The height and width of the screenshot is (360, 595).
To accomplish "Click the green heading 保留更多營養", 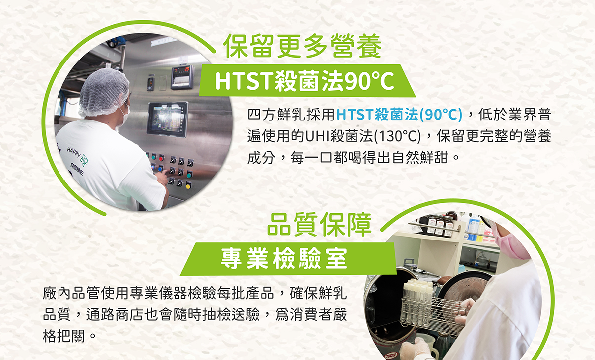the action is [302, 46].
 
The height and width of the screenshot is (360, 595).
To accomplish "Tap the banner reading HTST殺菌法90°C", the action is [307, 80].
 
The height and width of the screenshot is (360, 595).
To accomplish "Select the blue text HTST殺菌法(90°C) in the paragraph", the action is [399, 115].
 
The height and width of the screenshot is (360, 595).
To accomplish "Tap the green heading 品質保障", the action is [319, 225].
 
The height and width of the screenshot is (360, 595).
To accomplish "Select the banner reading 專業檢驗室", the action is [288, 259].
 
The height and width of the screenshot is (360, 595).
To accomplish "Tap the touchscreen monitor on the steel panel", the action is [168, 120].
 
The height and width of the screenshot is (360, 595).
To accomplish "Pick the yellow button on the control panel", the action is [188, 185].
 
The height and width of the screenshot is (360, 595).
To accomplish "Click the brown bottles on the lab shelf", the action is [438, 225].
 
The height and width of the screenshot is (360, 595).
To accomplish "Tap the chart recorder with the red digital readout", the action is [182, 77].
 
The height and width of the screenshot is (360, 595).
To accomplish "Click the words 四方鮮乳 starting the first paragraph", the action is [276, 115].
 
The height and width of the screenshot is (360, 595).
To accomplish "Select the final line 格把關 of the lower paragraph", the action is [63, 336].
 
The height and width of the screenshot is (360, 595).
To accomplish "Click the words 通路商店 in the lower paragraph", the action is [115, 314].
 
